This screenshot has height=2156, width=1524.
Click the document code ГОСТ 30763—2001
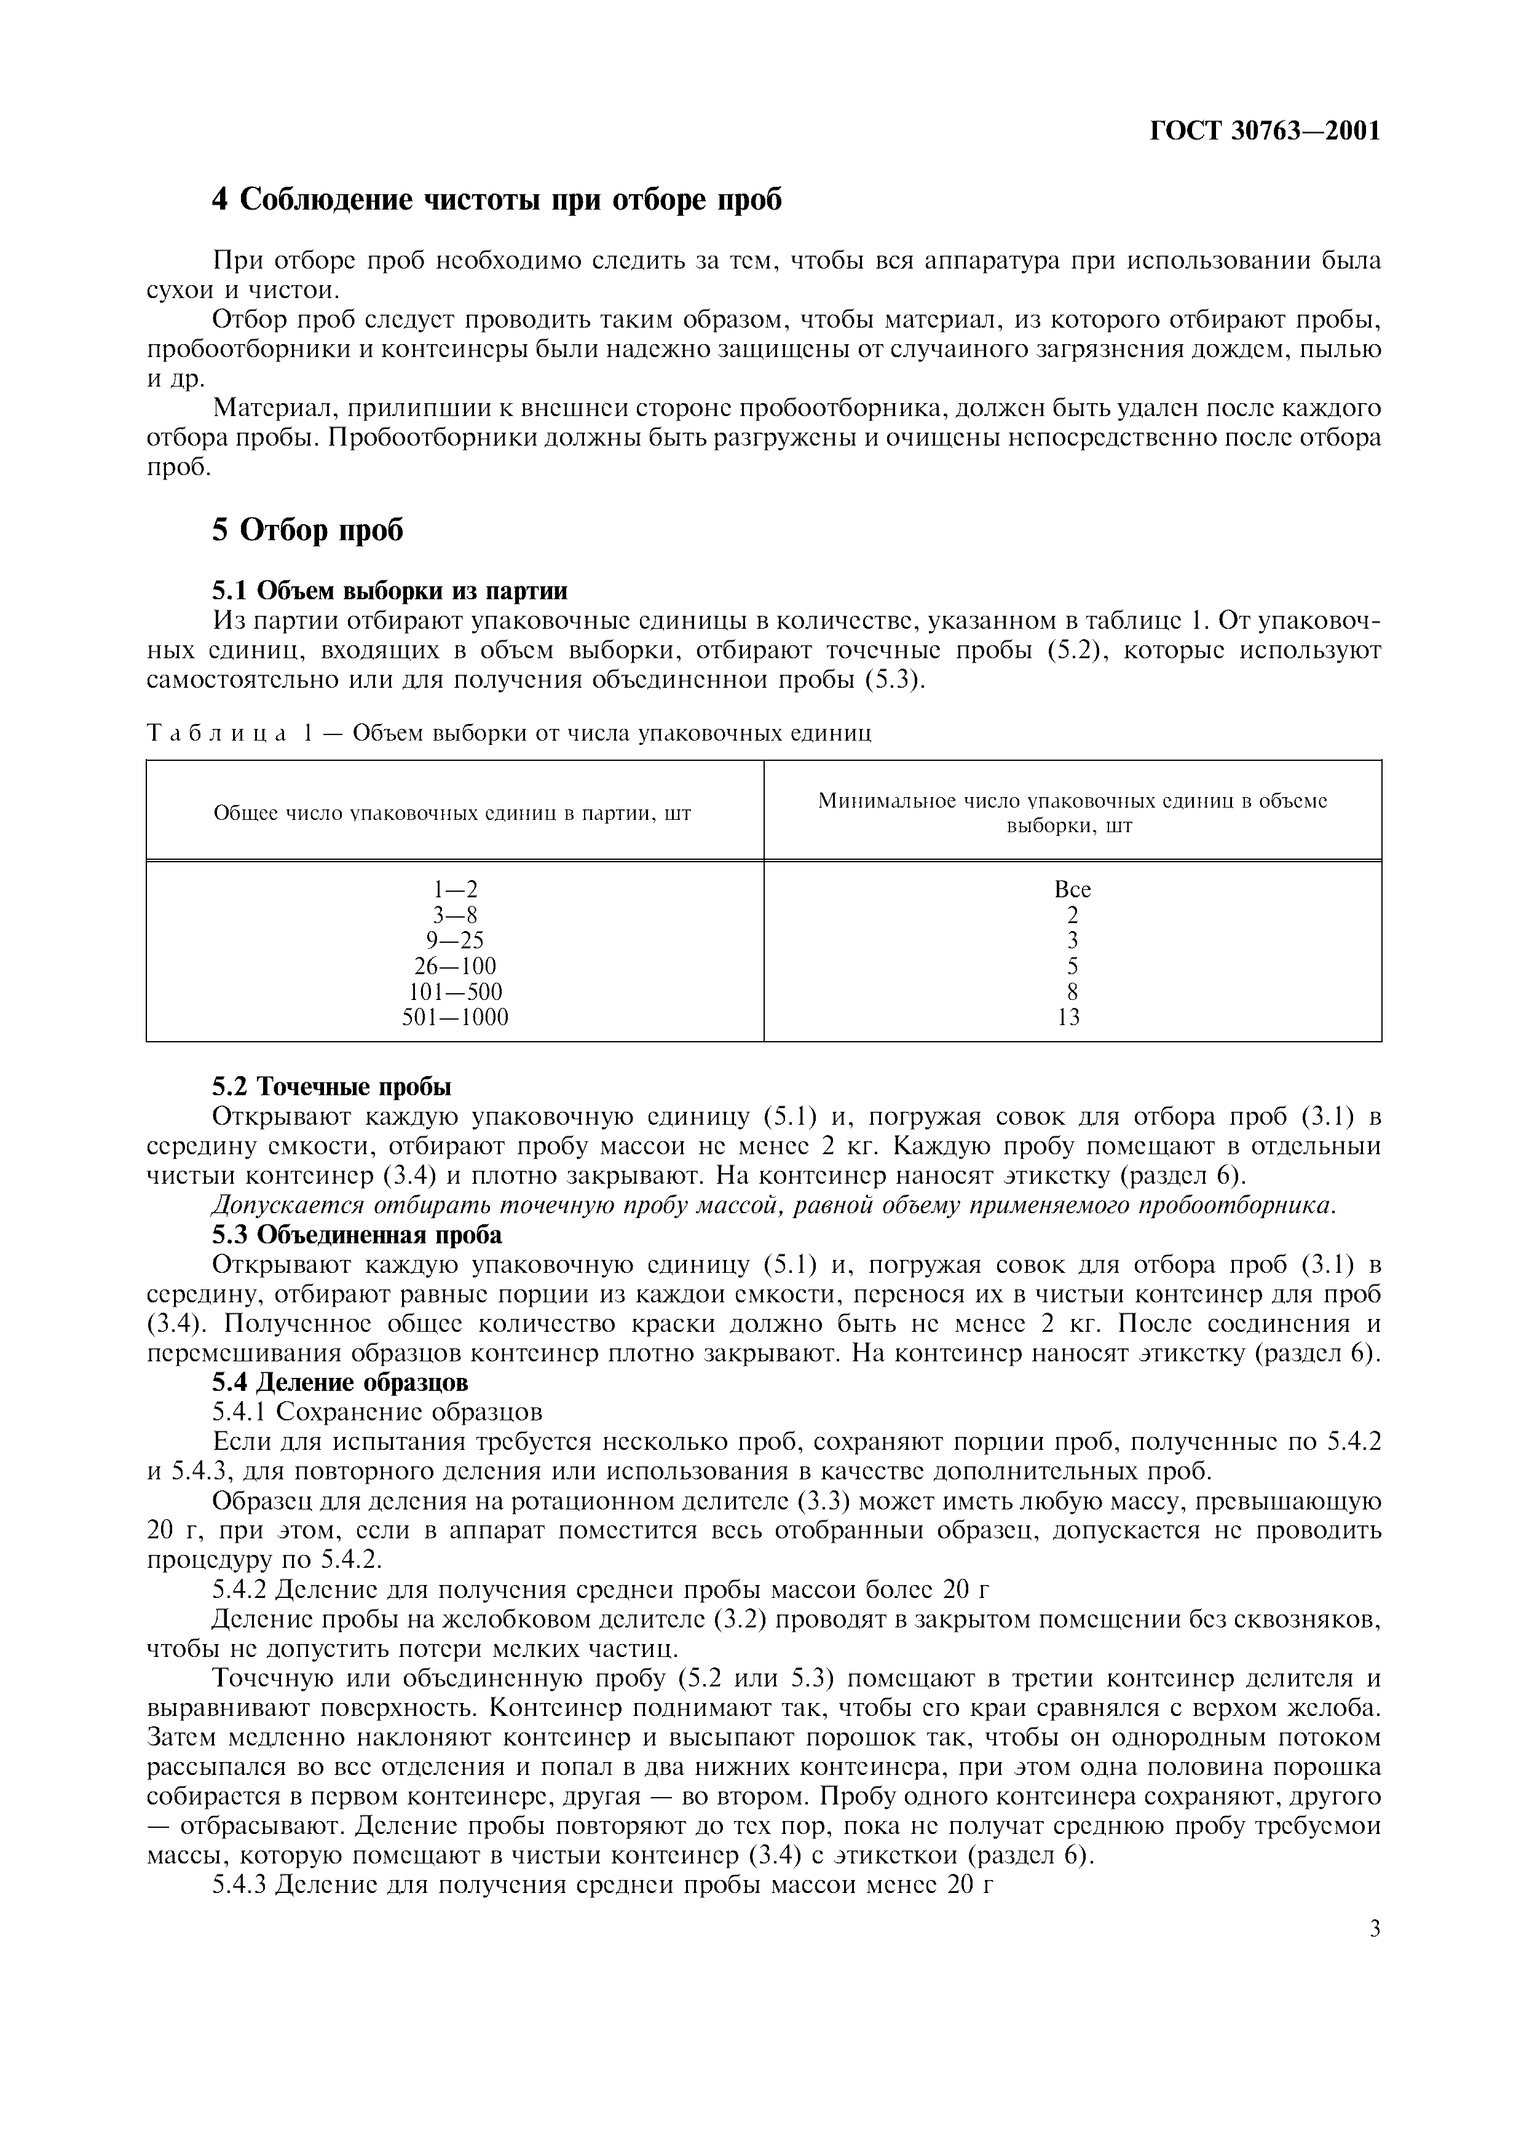click(x=1265, y=130)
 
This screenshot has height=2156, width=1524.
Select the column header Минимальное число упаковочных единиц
click(x=1072, y=813)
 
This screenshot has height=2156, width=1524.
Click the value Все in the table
click(x=1072, y=888)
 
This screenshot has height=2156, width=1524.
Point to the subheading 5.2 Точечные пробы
click(x=331, y=1087)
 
